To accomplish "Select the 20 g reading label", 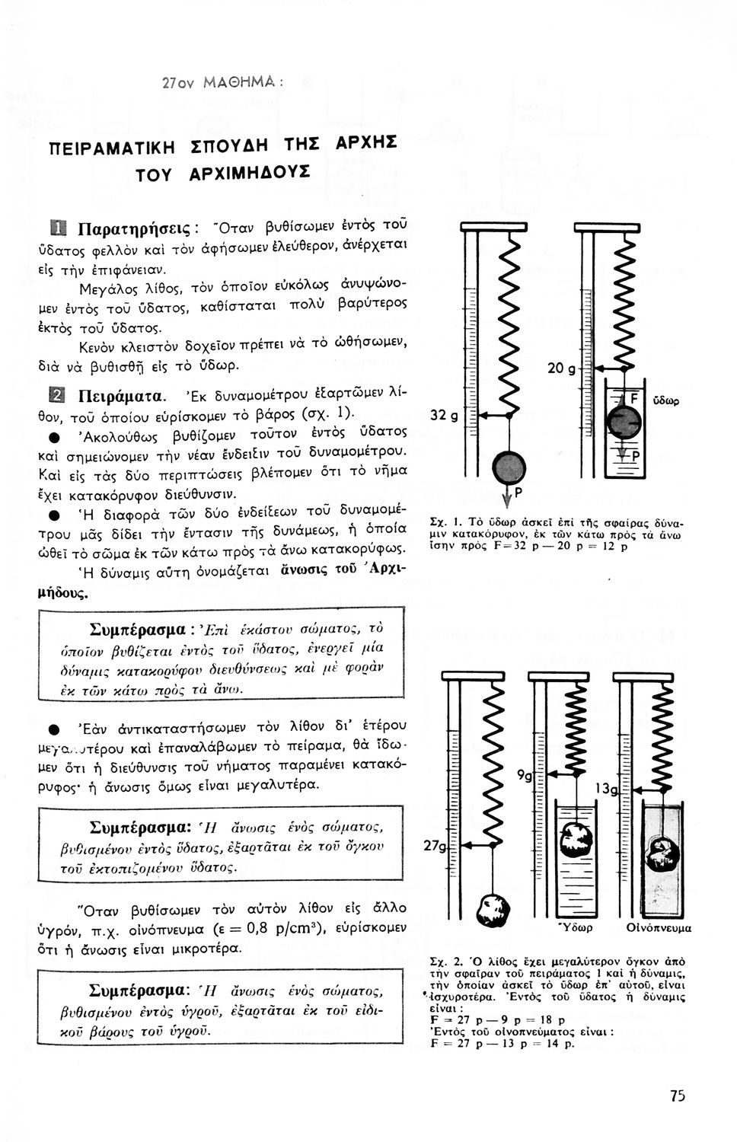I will point(560,369).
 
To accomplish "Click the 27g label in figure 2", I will point(436,847).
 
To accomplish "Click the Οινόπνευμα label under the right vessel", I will point(659,928).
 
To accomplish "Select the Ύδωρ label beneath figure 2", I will point(576,928).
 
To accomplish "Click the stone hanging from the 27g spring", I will point(489,909).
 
